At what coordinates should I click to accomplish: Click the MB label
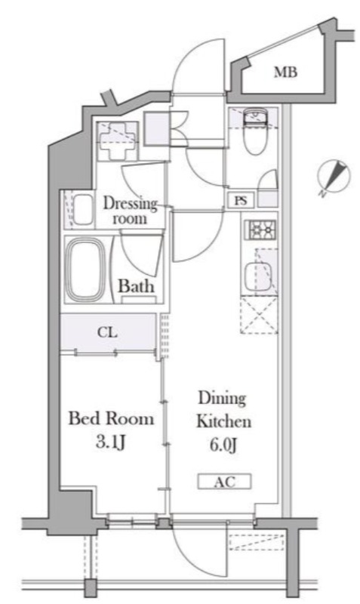[x=285, y=72]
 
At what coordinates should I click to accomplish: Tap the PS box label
[x=241, y=200]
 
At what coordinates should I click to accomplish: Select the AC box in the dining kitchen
[x=224, y=482]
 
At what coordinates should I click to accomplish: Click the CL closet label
[x=107, y=332]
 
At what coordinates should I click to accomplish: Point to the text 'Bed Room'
[x=111, y=418]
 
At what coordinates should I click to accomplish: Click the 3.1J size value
[x=111, y=442]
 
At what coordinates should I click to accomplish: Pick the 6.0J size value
[x=223, y=445]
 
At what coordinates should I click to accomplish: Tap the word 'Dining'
[x=222, y=399]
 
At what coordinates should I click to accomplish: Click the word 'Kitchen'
[x=223, y=421]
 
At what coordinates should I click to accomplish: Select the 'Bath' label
[x=136, y=286]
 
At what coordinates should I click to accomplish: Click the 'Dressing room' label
[x=130, y=211]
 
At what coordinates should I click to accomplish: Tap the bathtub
[x=85, y=270]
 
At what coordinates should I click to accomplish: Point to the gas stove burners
[x=262, y=230]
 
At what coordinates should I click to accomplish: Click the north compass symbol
[x=334, y=177]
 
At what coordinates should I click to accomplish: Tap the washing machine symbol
[x=117, y=140]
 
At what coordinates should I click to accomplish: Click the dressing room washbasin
[x=83, y=209]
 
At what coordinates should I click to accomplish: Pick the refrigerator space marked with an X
[x=259, y=315]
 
